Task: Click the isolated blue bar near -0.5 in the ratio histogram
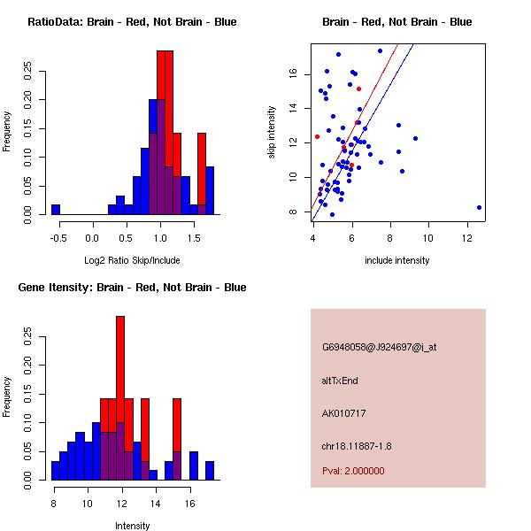55,210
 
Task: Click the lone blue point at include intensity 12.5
479,207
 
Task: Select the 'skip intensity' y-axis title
273,132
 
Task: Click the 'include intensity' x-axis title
397,260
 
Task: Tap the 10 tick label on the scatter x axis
429,236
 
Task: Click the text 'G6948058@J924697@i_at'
379,347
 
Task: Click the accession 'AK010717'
344,413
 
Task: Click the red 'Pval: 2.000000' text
354,471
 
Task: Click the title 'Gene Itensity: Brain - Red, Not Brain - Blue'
132,288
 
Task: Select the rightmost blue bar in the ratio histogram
210,190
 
